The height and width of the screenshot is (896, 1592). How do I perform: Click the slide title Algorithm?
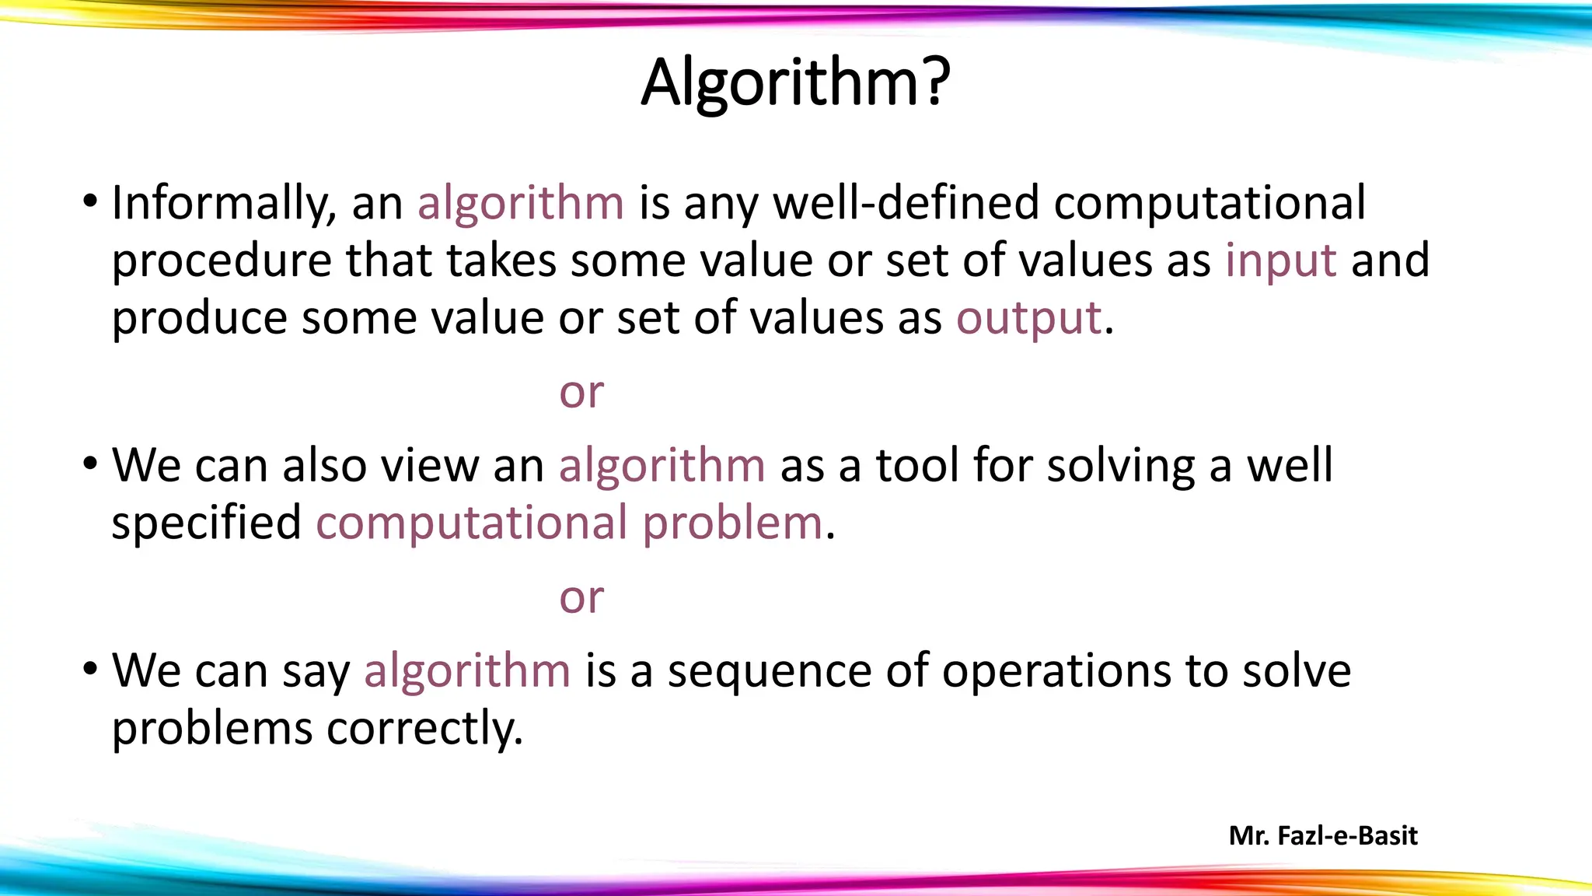pyautogui.click(x=795, y=83)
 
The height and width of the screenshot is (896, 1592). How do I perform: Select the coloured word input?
pyautogui.click(x=1280, y=261)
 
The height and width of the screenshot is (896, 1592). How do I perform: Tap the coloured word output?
pyautogui.click(x=1028, y=318)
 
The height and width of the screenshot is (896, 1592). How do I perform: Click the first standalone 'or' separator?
pyautogui.click(x=581, y=393)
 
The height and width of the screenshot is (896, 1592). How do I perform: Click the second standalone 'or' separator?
pyautogui.click(x=581, y=598)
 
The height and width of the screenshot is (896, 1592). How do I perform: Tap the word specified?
pyautogui.click(x=206, y=523)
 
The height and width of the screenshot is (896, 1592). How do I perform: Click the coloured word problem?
pyautogui.click(x=732, y=523)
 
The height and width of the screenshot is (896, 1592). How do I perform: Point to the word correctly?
pyautogui.click(x=424, y=730)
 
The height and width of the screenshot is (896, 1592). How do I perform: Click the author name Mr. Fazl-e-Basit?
pyautogui.click(x=1323, y=836)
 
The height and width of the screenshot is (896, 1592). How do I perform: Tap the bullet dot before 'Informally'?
pyautogui.click(x=91, y=202)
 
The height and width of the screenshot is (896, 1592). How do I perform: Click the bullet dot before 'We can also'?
pyautogui.click(x=91, y=464)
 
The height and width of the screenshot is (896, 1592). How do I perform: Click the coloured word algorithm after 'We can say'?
pyautogui.click(x=467, y=670)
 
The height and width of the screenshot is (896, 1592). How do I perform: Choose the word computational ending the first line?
pyautogui.click(x=1210, y=204)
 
